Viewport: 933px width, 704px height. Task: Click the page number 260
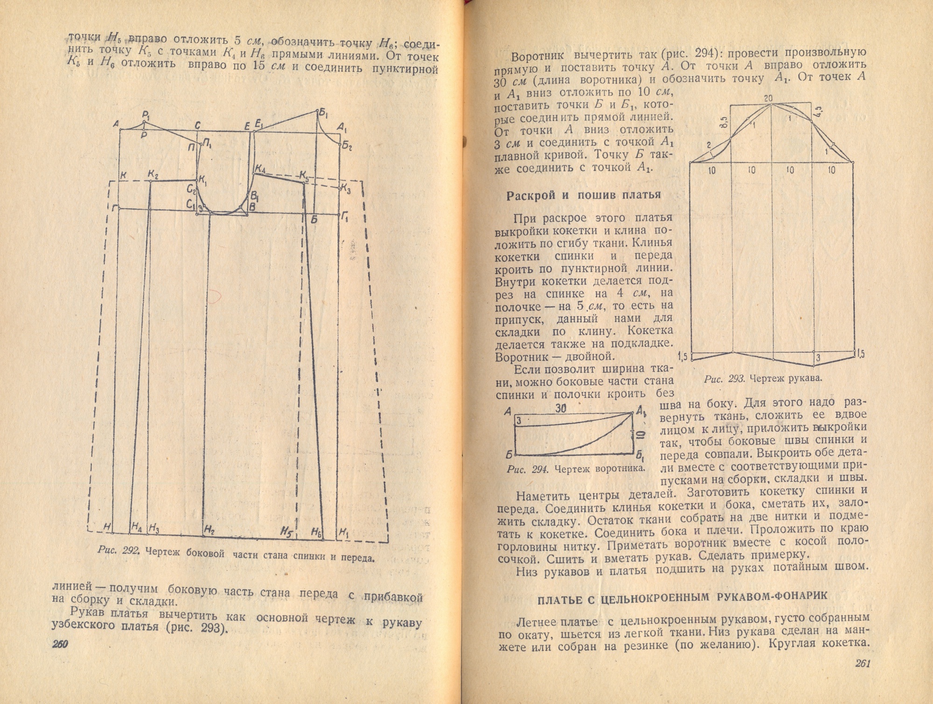point(60,644)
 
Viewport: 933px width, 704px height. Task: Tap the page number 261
point(863,663)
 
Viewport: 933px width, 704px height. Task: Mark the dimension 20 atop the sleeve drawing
point(768,98)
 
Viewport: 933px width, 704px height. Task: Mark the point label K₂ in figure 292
point(153,174)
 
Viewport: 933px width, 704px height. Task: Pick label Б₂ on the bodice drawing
point(347,146)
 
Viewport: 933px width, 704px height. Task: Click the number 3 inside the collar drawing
point(518,421)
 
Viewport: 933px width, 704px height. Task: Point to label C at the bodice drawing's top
point(197,125)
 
